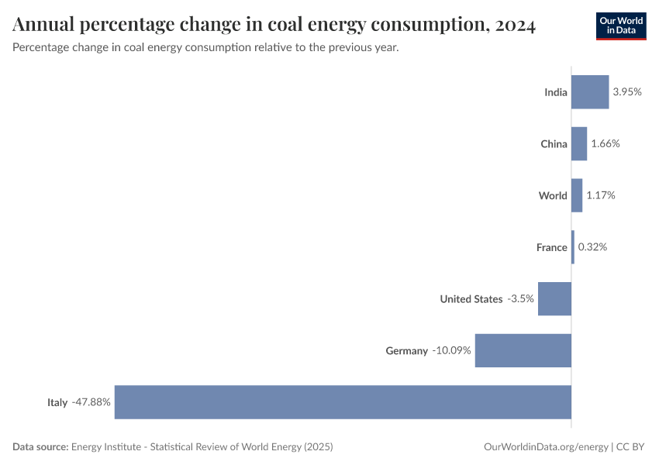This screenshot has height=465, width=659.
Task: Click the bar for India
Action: (590, 92)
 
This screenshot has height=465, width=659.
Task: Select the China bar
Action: (579, 143)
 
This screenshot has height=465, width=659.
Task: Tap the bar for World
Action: (577, 195)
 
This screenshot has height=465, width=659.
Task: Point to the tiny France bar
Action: (573, 247)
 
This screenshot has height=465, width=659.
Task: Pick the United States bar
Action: (554, 298)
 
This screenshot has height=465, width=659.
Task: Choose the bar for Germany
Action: (523, 350)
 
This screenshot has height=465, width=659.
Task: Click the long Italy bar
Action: (343, 402)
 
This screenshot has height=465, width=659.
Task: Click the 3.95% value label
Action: (627, 92)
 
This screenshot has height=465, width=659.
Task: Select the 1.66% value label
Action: (606, 143)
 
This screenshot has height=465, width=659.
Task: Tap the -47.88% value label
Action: (91, 402)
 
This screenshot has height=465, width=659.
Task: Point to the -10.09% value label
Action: (451, 350)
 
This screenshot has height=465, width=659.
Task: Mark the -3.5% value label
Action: (520, 298)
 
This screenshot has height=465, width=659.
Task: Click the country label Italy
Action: (57, 402)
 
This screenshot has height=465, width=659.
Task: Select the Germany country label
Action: (406, 350)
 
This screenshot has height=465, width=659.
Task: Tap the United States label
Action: (471, 298)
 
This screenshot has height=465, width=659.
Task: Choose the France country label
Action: (551, 247)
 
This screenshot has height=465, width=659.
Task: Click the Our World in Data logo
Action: (620, 26)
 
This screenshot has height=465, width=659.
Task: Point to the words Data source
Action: (40, 447)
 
